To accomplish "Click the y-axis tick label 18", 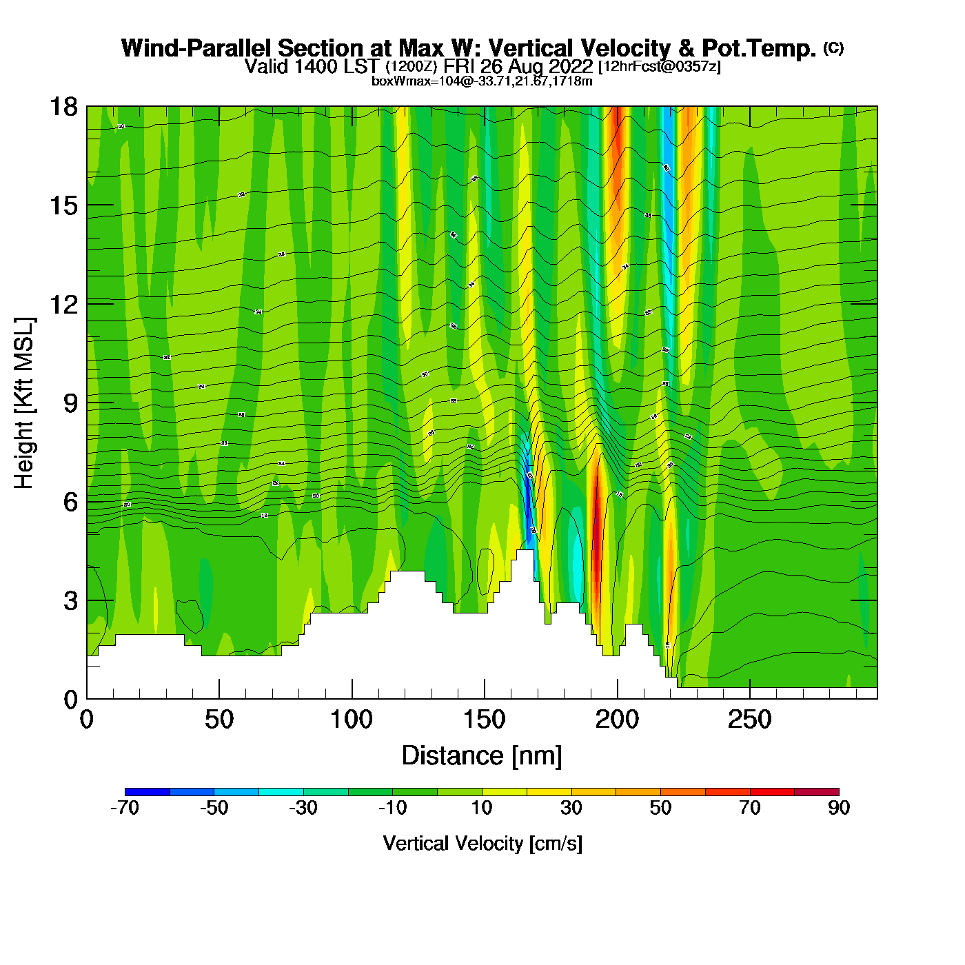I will (63, 107).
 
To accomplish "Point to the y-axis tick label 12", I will (63, 304).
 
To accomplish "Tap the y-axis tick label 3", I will (70, 601).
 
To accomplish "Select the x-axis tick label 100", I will (352, 720).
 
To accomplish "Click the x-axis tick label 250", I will (750, 720).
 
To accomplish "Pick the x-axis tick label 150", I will (485, 720).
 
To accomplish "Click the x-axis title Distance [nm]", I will (482, 756).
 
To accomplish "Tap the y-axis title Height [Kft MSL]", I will (24, 403).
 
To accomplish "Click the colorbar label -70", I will (125, 808).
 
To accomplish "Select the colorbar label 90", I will (839, 808).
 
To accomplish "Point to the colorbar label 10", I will (482, 808).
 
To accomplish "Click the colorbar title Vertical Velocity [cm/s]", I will (482, 844).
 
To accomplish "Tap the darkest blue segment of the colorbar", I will (147, 791).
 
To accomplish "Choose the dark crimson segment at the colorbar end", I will (817, 791).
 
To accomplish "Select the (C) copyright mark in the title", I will (833, 48).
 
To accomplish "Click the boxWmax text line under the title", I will (482, 81).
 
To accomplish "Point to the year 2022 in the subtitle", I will (569, 66).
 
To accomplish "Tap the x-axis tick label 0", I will (87, 720).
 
